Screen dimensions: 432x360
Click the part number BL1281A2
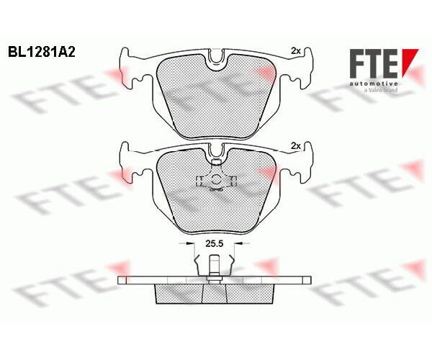tap(41, 52)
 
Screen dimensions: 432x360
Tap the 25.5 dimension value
tap(215, 243)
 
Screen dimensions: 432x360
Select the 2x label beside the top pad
tap(296, 51)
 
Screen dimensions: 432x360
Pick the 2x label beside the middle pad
tap(296, 146)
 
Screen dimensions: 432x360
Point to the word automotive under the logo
tap(374, 84)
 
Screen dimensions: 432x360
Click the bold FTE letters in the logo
tap(374, 63)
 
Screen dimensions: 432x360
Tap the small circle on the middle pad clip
tap(216, 180)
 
